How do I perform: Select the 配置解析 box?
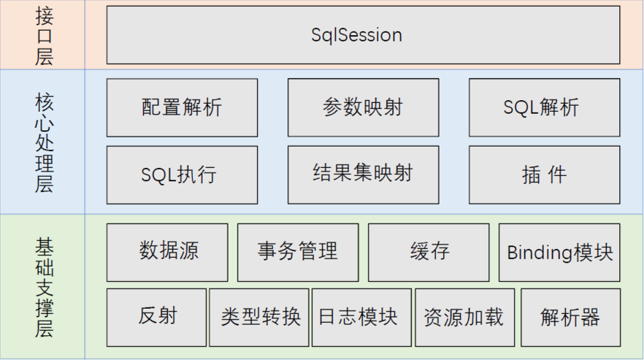pyautogui.click(x=182, y=108)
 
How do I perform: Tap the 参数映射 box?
pyautogui.click(x=363, y=108)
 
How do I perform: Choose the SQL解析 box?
pyautogui.click(x=544, y=108)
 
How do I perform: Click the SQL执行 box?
pyautogui.click(x=182, y=175)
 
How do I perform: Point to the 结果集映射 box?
pyautogui.click(x=363, y=175)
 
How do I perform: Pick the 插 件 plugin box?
pyautogui.click(x=544, y=175)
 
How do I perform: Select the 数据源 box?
pyautogui.click(x=167, y=252)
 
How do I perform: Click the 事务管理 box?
pyautogui.click(x=298, y=252)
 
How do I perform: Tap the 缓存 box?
pyautogui.click(x=429, y=252)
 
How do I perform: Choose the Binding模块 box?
pyautogui.click(x=559, y=252)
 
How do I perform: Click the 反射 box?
pyautogui.click(x=157, y=317)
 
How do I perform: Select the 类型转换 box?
pyautogui.click(x=260, y=317)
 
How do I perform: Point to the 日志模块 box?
pyautogui.click(x=363, y=317)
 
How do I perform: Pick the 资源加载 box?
pyautogui.click(x=465, y=317)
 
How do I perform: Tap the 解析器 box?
pyautogui.click(x=570, y=317)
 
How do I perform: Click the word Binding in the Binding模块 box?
pyautogui.click(x=540, y=253)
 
